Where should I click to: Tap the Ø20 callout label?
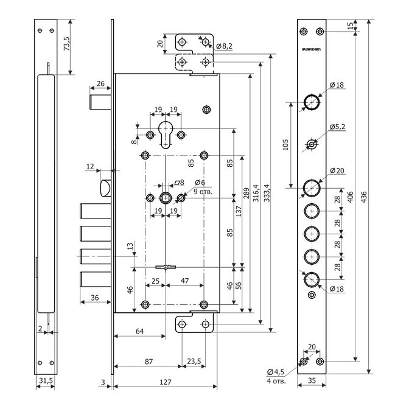point(337,171)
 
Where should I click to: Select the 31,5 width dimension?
point(46,381)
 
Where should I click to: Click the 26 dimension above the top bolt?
point(101,84)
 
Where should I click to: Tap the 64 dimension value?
point(139,331)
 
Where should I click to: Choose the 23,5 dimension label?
point(194,361)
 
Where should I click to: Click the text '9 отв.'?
point(204,192)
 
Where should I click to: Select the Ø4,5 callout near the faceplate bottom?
point(276,372)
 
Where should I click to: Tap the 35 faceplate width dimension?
point(312,382)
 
